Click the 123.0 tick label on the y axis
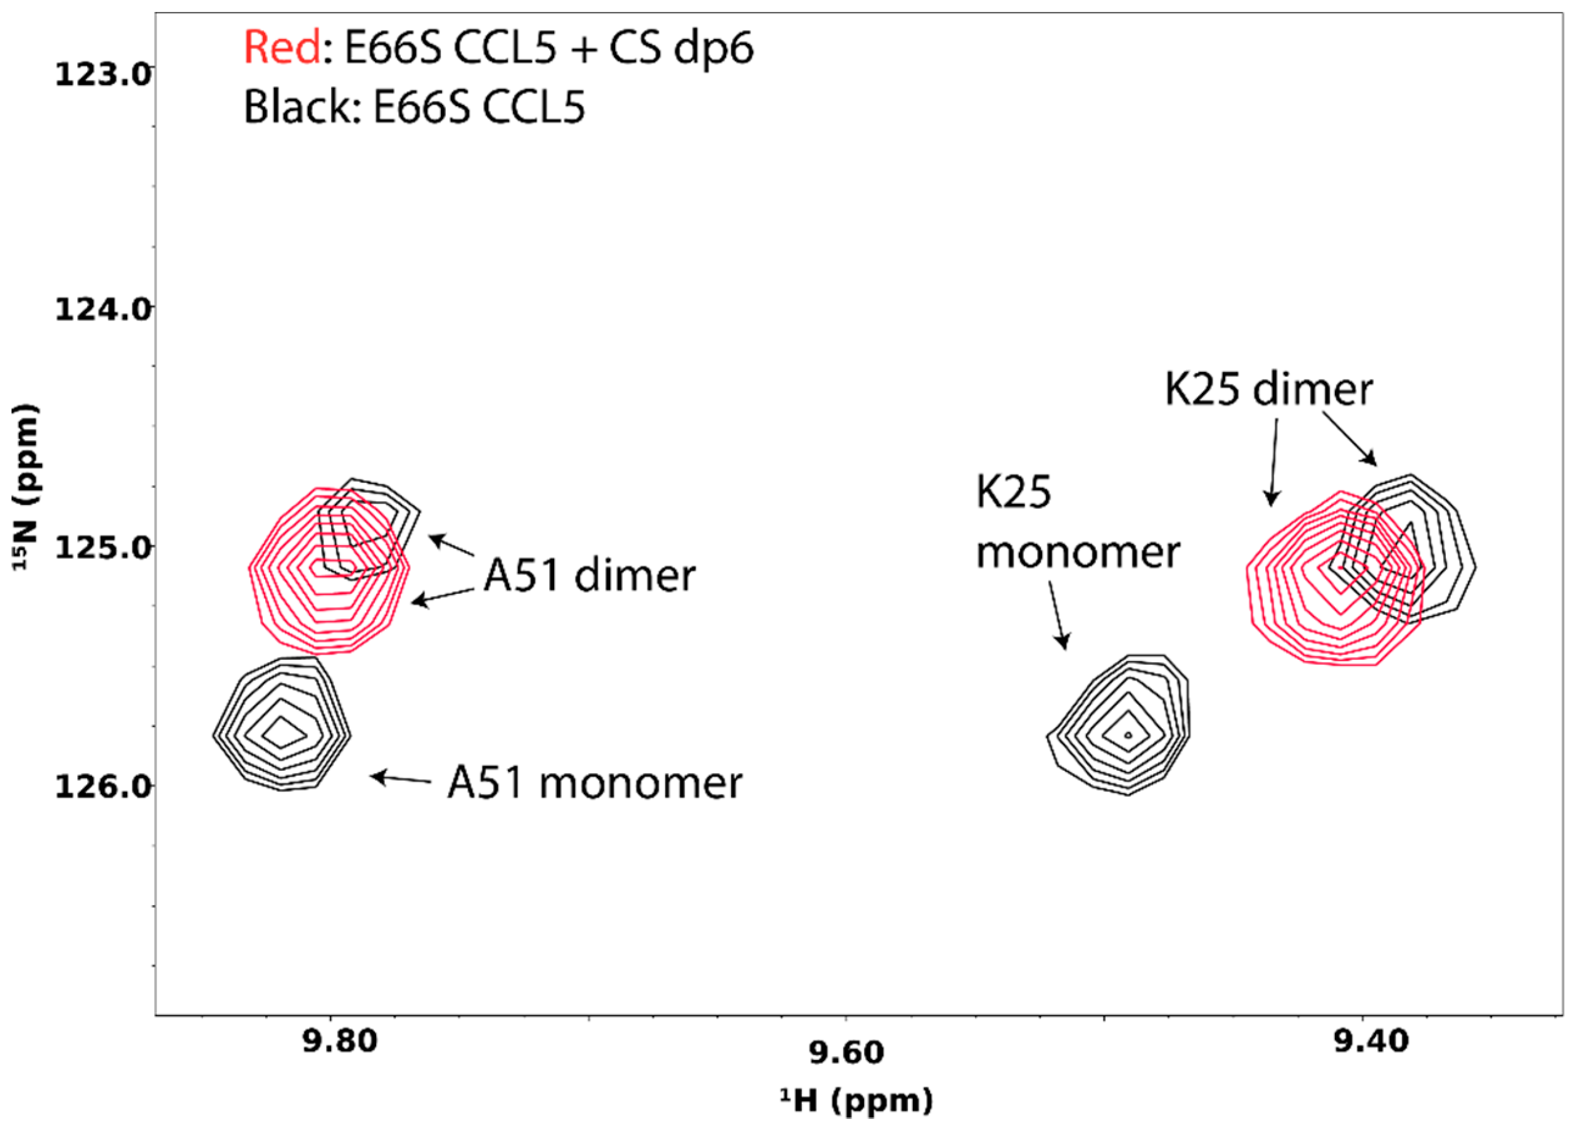pos(102,73)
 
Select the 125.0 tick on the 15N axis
pos(102,548)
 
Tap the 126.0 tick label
pos(102,788)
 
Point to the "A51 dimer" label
pos(589,576)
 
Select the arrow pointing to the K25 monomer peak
pos(1056,615)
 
